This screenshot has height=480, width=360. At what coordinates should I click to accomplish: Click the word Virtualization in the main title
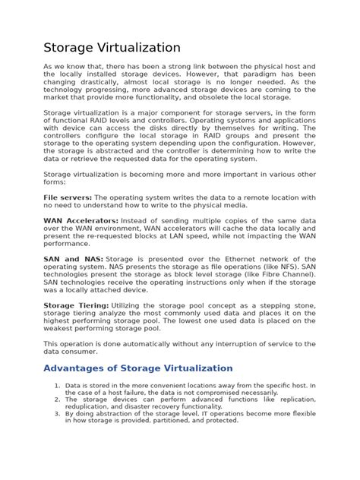(136, 48)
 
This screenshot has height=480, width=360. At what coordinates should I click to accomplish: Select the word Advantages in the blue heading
(75, 368)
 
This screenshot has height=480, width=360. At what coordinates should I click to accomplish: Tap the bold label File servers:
(68, 197)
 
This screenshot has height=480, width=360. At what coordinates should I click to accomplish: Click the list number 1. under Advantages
(57, 386)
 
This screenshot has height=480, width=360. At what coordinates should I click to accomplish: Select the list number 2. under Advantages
(57, 399)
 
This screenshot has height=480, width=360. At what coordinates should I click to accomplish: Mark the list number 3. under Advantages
(57, 414)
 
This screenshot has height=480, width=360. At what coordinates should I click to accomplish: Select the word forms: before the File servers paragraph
(55, 182)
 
